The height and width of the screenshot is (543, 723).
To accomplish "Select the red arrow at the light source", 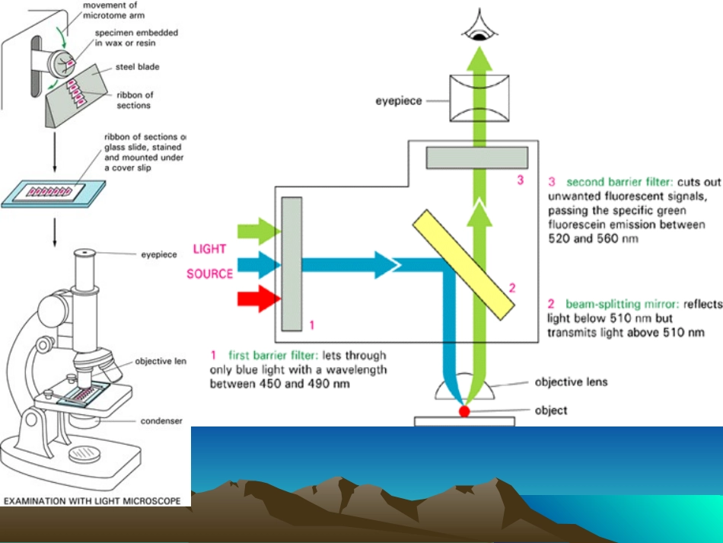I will [259, 298].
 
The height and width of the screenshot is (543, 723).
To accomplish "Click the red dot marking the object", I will [464, 412].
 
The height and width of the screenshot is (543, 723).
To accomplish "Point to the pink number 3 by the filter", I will [521, 180].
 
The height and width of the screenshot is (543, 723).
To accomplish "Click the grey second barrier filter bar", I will [476, 157].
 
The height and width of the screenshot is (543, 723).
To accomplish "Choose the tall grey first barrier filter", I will [291, 264].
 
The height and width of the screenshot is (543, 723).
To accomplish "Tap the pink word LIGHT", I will [210, 249].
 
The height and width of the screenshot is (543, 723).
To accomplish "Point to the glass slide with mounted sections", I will [56, 190].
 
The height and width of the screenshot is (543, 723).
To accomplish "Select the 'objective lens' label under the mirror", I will [572, 382].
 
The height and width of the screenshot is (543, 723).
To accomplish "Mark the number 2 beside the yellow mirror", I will [512, 288].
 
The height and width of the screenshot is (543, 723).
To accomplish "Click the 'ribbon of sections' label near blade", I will [133, 100].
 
